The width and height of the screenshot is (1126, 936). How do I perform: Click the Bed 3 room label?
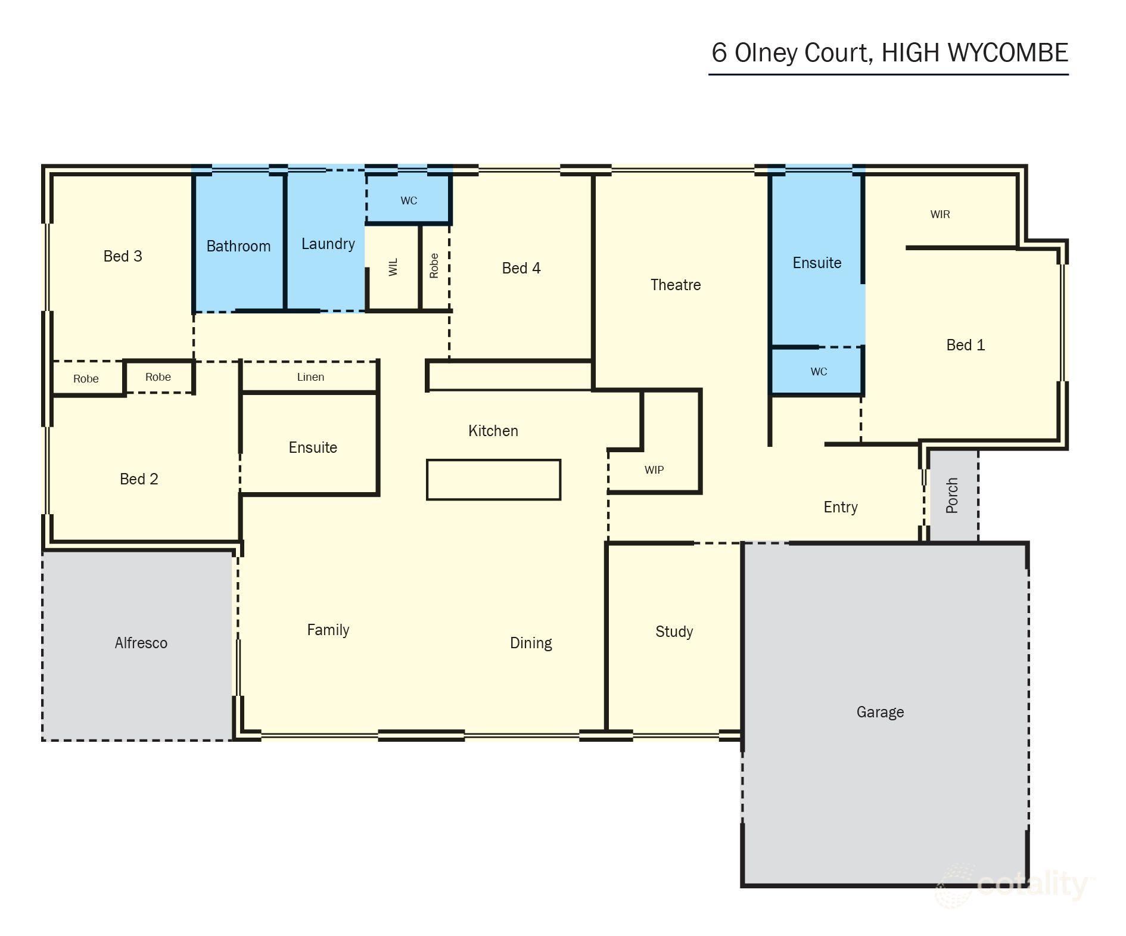(123, 256)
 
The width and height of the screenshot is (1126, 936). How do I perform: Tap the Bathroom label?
(238, 246)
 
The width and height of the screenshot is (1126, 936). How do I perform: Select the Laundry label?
(328, 244)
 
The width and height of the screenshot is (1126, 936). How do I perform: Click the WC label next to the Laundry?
(409, 201)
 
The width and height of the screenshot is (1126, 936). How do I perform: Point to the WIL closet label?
(393, 267)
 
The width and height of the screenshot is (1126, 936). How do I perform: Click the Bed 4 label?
(521, 268)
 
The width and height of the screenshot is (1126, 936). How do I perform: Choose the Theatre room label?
(675, 285)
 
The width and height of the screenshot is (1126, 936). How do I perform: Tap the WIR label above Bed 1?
(940, 214)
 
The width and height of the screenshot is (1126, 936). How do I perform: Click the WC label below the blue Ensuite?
(819, 372)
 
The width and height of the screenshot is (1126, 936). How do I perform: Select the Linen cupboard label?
(310, 377)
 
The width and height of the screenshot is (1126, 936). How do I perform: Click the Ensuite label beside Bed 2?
(313, 447)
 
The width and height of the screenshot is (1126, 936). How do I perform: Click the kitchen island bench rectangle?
(493, 480)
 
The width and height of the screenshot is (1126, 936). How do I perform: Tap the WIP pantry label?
(654, 470)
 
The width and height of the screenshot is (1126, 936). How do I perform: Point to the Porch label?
(952, 496)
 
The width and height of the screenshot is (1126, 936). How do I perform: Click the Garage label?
(880, 712)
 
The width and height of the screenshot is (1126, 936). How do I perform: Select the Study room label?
(674, 632)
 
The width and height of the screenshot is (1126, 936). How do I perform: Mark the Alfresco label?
(141, 643)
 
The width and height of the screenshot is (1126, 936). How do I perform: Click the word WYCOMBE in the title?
(1007, 53)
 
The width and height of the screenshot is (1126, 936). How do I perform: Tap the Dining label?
(531, 643)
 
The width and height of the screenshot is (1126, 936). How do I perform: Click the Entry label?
(840, 507)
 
